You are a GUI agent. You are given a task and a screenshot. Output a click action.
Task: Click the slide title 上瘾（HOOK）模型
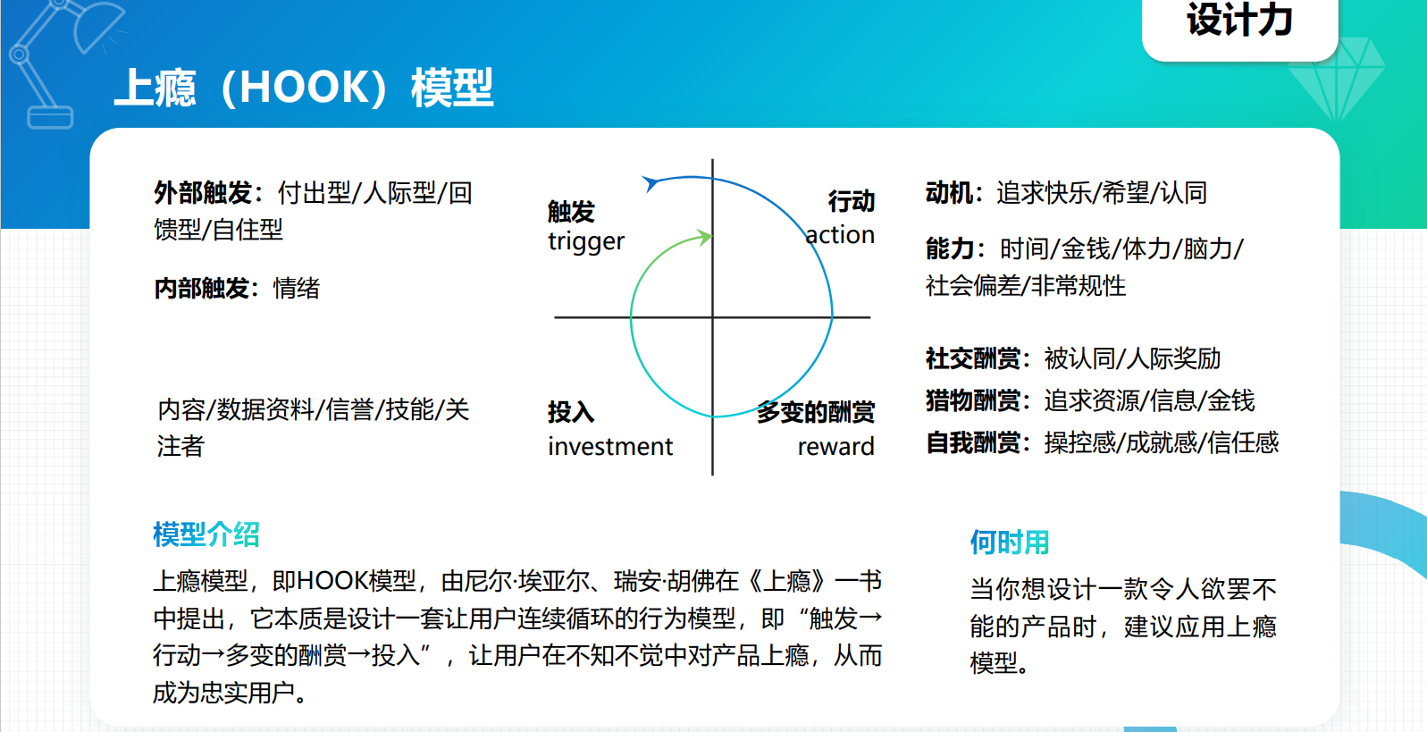[303, 88]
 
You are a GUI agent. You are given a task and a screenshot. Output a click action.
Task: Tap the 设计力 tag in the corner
[1239, 23]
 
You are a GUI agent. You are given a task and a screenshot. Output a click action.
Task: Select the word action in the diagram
[840, 235]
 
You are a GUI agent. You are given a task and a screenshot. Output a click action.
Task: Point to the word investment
[609, 447]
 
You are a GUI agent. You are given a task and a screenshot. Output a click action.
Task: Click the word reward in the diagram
[835, 447]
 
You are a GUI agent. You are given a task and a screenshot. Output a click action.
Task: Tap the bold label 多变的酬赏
[816, 412]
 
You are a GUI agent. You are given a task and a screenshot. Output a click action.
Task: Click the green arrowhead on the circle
[704, 238]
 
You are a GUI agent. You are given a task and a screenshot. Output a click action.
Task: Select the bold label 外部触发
[203, 193]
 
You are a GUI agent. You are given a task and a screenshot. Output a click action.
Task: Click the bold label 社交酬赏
[973, 358]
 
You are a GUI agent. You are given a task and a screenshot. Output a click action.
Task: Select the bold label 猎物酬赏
[973, 400]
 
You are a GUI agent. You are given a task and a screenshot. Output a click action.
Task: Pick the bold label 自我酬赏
[973, 442]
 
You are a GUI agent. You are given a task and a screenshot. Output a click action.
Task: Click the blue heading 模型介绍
[206, 534]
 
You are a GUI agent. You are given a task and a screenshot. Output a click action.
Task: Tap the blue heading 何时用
[1010, 543]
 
